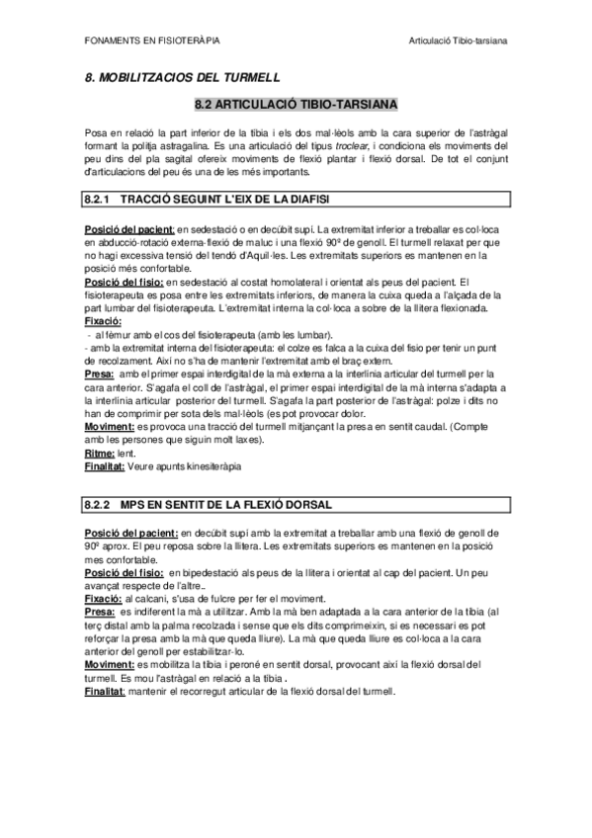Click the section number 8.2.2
99,504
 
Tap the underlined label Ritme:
102,452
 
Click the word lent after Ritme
128,452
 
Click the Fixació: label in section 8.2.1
104,322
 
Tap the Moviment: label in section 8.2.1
110,426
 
